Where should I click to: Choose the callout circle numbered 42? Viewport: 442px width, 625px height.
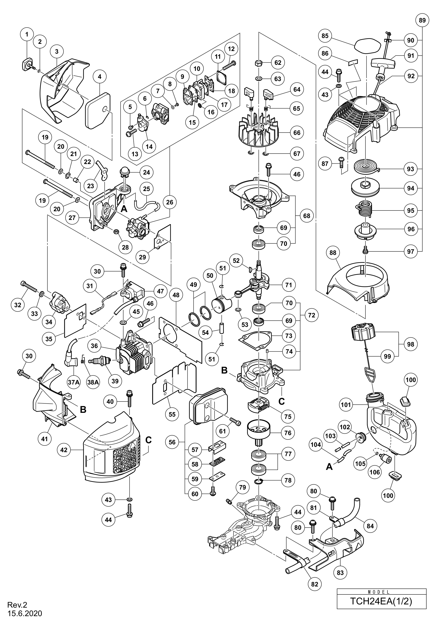click(64, 450)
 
